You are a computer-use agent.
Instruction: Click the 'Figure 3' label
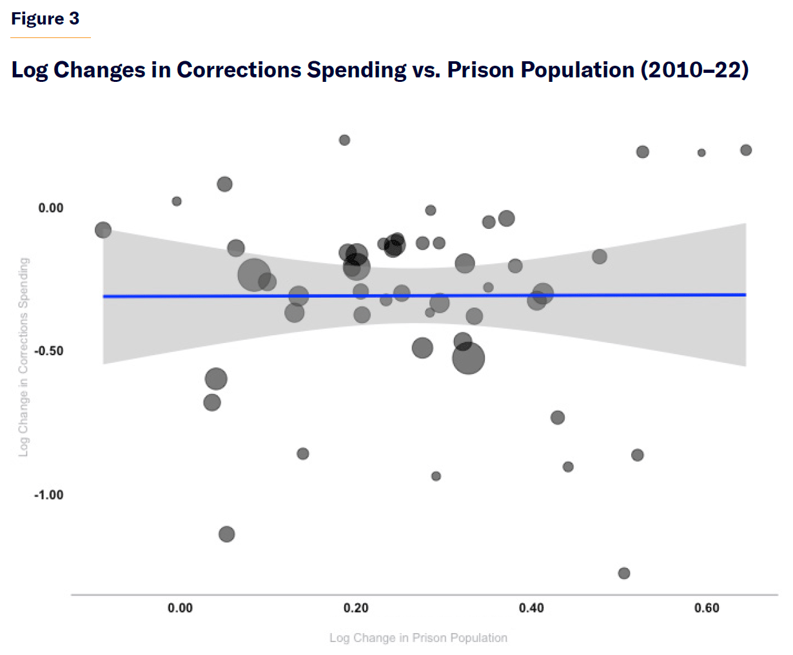coord(45,19)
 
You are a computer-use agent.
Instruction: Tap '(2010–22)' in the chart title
coord(694,70)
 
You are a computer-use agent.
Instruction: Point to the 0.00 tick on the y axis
coord(51,208)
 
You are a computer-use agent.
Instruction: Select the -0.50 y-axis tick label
coord(49,351)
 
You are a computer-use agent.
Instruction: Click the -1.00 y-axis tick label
coord(49,495)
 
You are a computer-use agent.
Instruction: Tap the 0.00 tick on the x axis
coord(180,608)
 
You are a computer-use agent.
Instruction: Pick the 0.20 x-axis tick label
coord(356,608)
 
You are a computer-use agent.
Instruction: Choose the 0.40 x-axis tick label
coord(531,608)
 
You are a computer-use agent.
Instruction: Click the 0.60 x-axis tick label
coord(707,608)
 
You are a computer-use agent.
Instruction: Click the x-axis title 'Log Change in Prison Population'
coord(418,638)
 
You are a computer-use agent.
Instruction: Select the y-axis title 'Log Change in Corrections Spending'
coord(24,357)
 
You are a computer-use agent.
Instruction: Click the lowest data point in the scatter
coord(623,573)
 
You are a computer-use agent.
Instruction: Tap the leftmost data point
coord(103,230)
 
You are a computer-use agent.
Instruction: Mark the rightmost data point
coord(746,150)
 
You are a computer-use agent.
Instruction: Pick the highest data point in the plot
coord(344,140)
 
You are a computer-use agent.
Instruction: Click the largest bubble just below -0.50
coord(468,358)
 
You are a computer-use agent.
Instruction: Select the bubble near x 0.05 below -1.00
coord(226,534)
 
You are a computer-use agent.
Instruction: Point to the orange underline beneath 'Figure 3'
coord(50,37)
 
